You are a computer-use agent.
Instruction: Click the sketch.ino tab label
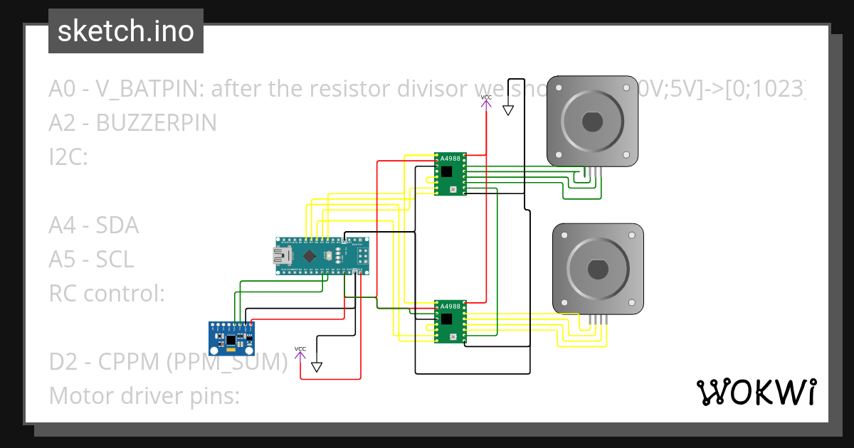point(125,31)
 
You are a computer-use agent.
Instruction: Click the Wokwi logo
point(755,392)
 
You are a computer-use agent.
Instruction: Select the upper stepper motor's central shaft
point(592,122)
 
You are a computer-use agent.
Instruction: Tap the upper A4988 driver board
point(450,173)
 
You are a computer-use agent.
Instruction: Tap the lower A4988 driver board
point(450,321)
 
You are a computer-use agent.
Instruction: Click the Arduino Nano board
point(322,256)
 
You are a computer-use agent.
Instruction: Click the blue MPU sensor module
point(231,337)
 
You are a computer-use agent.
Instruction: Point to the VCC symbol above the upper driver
point(486,101)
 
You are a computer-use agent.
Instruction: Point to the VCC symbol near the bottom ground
point(300,352)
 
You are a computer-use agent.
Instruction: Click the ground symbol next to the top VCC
point(508,110)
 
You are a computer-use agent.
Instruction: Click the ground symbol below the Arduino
point(317,367)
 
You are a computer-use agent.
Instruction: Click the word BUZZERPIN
point(156,123)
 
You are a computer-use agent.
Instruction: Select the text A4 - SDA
point(93,225)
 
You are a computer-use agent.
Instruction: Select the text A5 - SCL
point(91,260)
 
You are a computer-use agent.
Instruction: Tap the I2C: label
point(68,157)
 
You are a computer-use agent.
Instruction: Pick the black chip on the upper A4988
point(446,171)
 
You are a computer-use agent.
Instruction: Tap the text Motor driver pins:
point(144,395)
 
